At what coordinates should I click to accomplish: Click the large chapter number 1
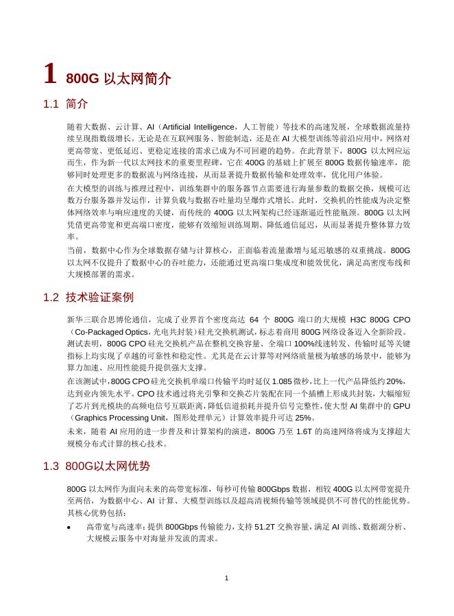click(49, 73)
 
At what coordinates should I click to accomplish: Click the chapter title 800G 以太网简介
click(118, 79)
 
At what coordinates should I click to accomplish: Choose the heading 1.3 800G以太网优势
click(96, 466)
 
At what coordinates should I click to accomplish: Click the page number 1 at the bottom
click(226, 579)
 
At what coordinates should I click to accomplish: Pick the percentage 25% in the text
click(304, 417)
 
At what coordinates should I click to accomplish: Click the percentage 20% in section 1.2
click(396, 381)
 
